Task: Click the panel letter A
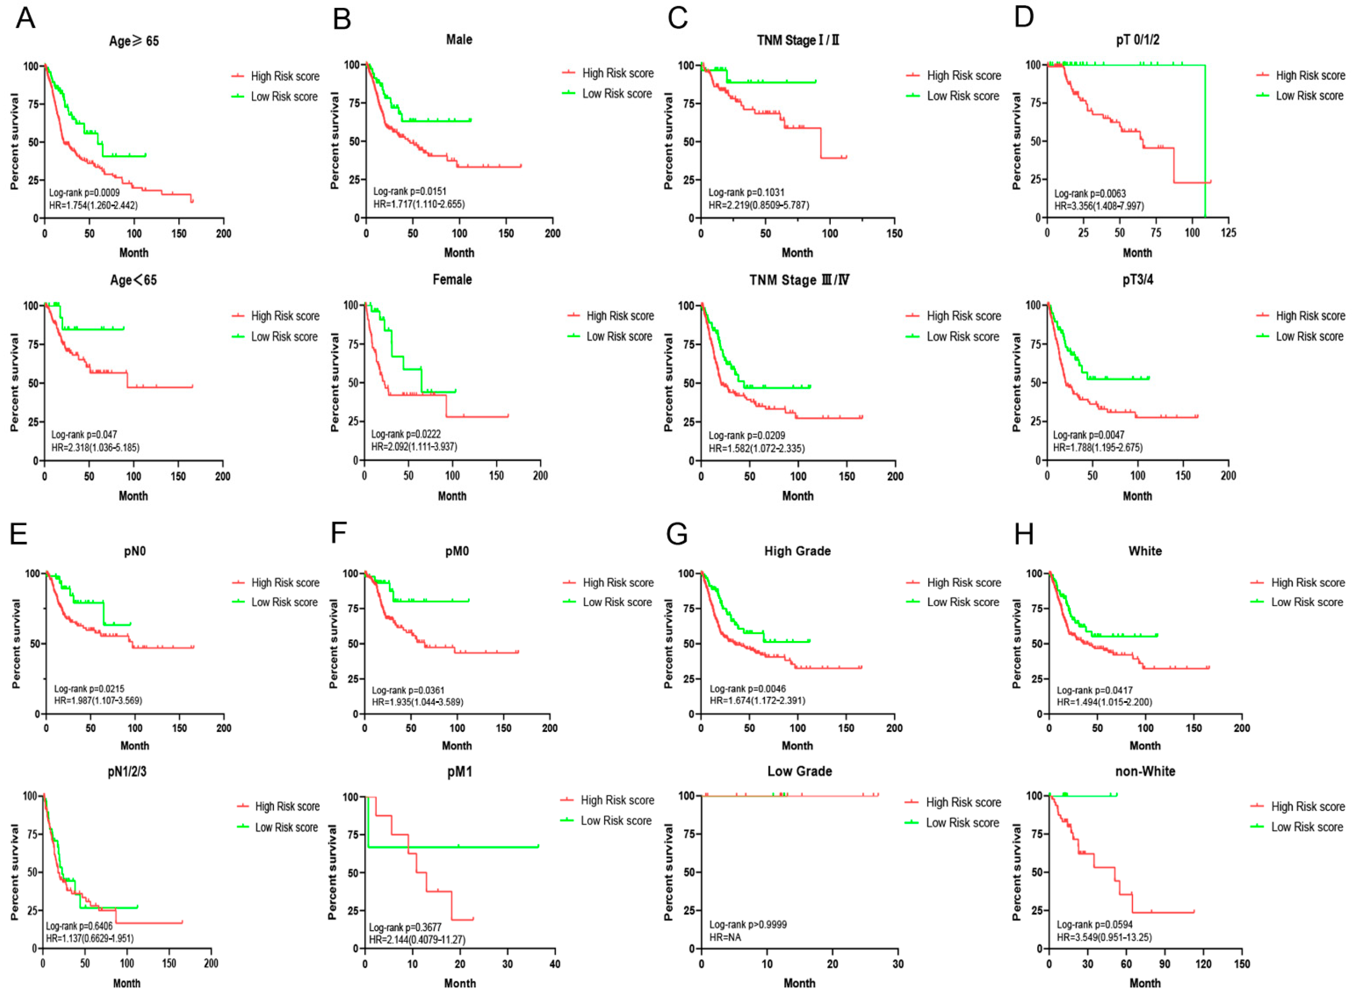(x=25, y=18)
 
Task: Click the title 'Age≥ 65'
(x=134, y=41)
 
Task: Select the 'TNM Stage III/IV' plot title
(x=799, y=280)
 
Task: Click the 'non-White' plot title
(x=1145, y=771)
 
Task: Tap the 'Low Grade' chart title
(x=800, y=771)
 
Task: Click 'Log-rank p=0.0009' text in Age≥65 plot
(x=84, y=193)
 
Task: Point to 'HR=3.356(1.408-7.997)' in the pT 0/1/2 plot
(x=1099, y=206)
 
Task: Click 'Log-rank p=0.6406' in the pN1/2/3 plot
(x=79, y=926)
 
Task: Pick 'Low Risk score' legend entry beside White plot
(x=1307, y=602)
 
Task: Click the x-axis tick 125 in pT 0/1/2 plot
(x=1228, y=233)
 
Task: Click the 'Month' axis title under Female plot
(x=452, y=496)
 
